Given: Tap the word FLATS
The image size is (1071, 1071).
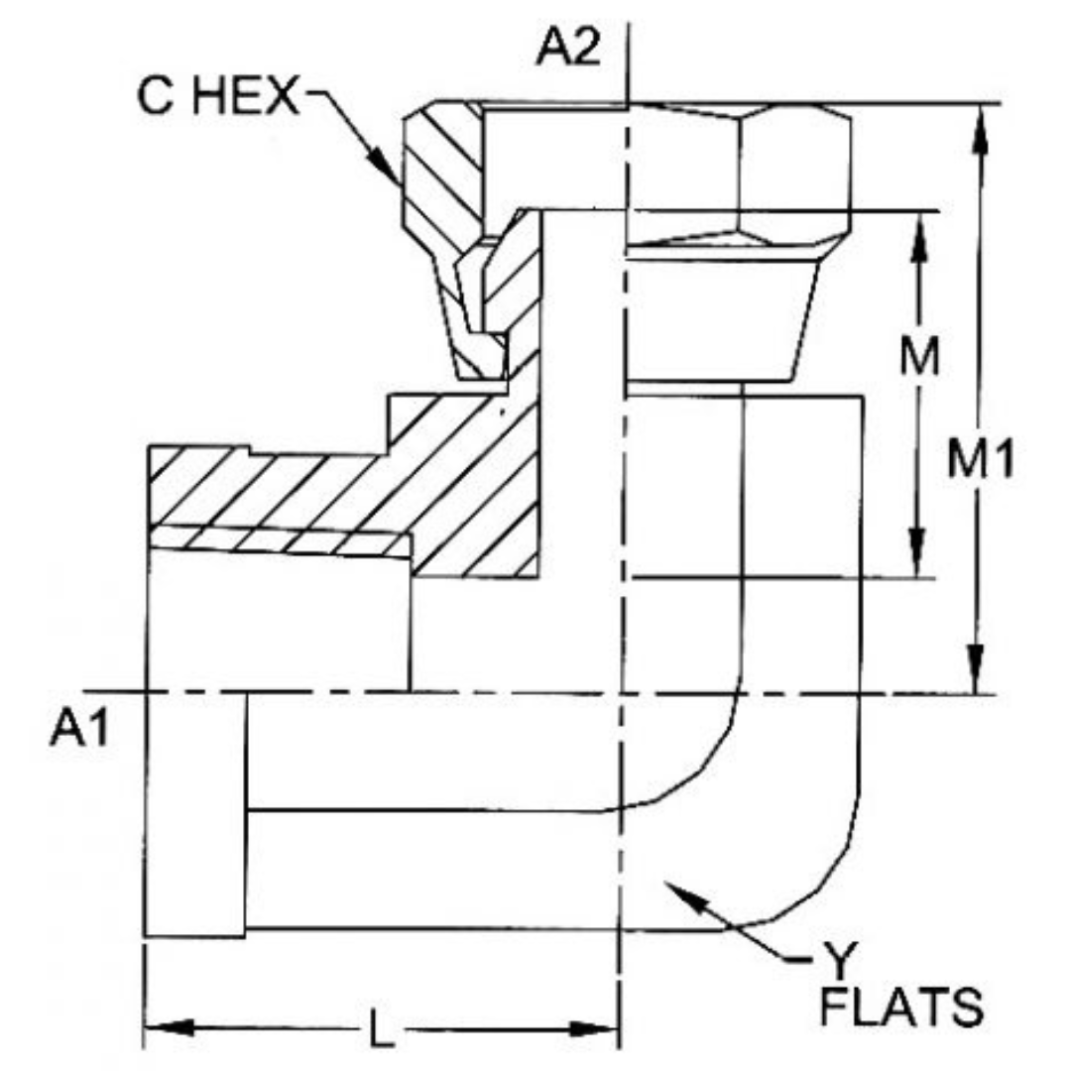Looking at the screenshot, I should [x=901, y=1009].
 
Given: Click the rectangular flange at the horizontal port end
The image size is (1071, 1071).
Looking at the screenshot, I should [x=195, y=813].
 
